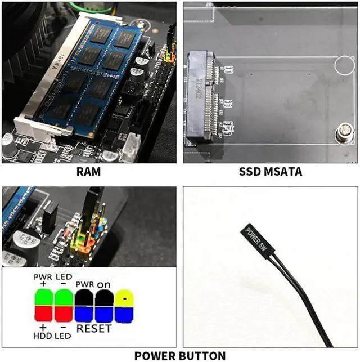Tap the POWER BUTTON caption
tap(179, 355)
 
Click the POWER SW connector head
tap(255, 236)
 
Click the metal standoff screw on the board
tap(342, 135)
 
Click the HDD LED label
tap(52, 336)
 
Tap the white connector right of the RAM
tap(132, 147)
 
